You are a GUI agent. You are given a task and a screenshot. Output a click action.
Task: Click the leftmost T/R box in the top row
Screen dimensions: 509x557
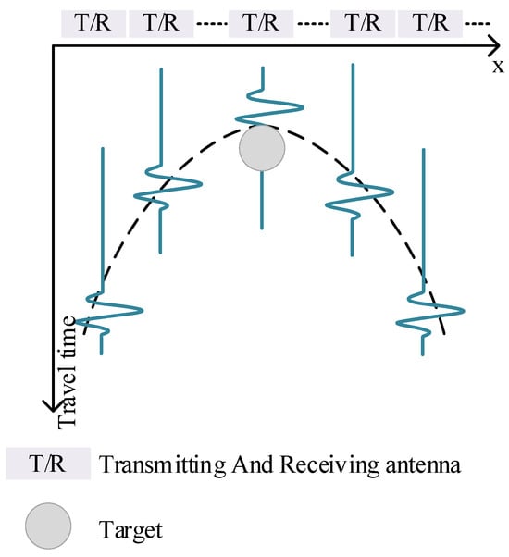coord(93,23)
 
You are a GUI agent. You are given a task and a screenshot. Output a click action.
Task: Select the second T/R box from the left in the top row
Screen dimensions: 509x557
coord(161,23)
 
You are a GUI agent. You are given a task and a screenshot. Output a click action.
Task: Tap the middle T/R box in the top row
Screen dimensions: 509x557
coord(261,23)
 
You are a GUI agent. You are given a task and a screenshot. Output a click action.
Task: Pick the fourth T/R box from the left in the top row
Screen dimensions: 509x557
coord(363,23)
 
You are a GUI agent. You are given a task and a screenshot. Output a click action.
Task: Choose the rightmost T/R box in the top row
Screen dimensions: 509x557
coord(430,23)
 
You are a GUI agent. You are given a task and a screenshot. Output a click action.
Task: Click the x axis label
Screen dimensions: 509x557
coord(498,67)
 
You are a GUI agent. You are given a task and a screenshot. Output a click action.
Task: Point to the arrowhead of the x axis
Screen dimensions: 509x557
coord(499,45)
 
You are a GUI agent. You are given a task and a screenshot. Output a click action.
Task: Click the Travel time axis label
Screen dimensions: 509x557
coord(67,372)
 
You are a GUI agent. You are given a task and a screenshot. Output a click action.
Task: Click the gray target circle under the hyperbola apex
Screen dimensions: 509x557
coord(262,148)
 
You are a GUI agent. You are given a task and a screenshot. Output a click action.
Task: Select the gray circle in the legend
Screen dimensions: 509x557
coord(48,526)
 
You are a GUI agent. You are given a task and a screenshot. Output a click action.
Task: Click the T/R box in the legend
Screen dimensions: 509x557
coord(48,464)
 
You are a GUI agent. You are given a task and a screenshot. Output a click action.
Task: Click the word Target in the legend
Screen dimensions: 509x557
coord(130,531)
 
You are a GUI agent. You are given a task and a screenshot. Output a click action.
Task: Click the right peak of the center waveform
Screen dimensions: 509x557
coord(303,107)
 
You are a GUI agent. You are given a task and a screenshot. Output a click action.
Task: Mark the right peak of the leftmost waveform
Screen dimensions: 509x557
coord(142,310)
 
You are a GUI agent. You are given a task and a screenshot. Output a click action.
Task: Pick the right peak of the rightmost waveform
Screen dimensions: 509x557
coord(463,311)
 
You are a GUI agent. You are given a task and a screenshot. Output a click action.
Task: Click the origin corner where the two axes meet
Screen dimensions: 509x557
coord(53,46)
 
